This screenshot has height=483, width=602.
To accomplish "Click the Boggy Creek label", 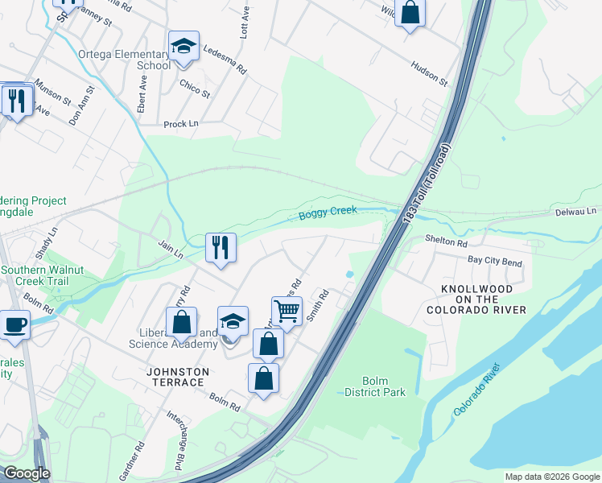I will (328, 213).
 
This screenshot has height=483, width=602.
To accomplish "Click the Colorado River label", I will (476, 389).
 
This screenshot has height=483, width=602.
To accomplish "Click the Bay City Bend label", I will (495, 262).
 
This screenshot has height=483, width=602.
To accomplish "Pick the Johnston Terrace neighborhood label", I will (177, 377).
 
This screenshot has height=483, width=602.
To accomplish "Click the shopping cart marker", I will (287, 311).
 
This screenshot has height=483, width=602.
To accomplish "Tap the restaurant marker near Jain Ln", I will (221, 246).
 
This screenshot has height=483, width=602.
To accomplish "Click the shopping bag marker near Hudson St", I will (410, 13).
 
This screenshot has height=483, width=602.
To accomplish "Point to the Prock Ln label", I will (180, 124).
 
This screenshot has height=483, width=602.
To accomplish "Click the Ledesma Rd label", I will (225, 60).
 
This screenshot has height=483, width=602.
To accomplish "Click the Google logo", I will (26, 473).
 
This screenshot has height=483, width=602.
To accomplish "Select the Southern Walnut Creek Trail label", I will (46, 276).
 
